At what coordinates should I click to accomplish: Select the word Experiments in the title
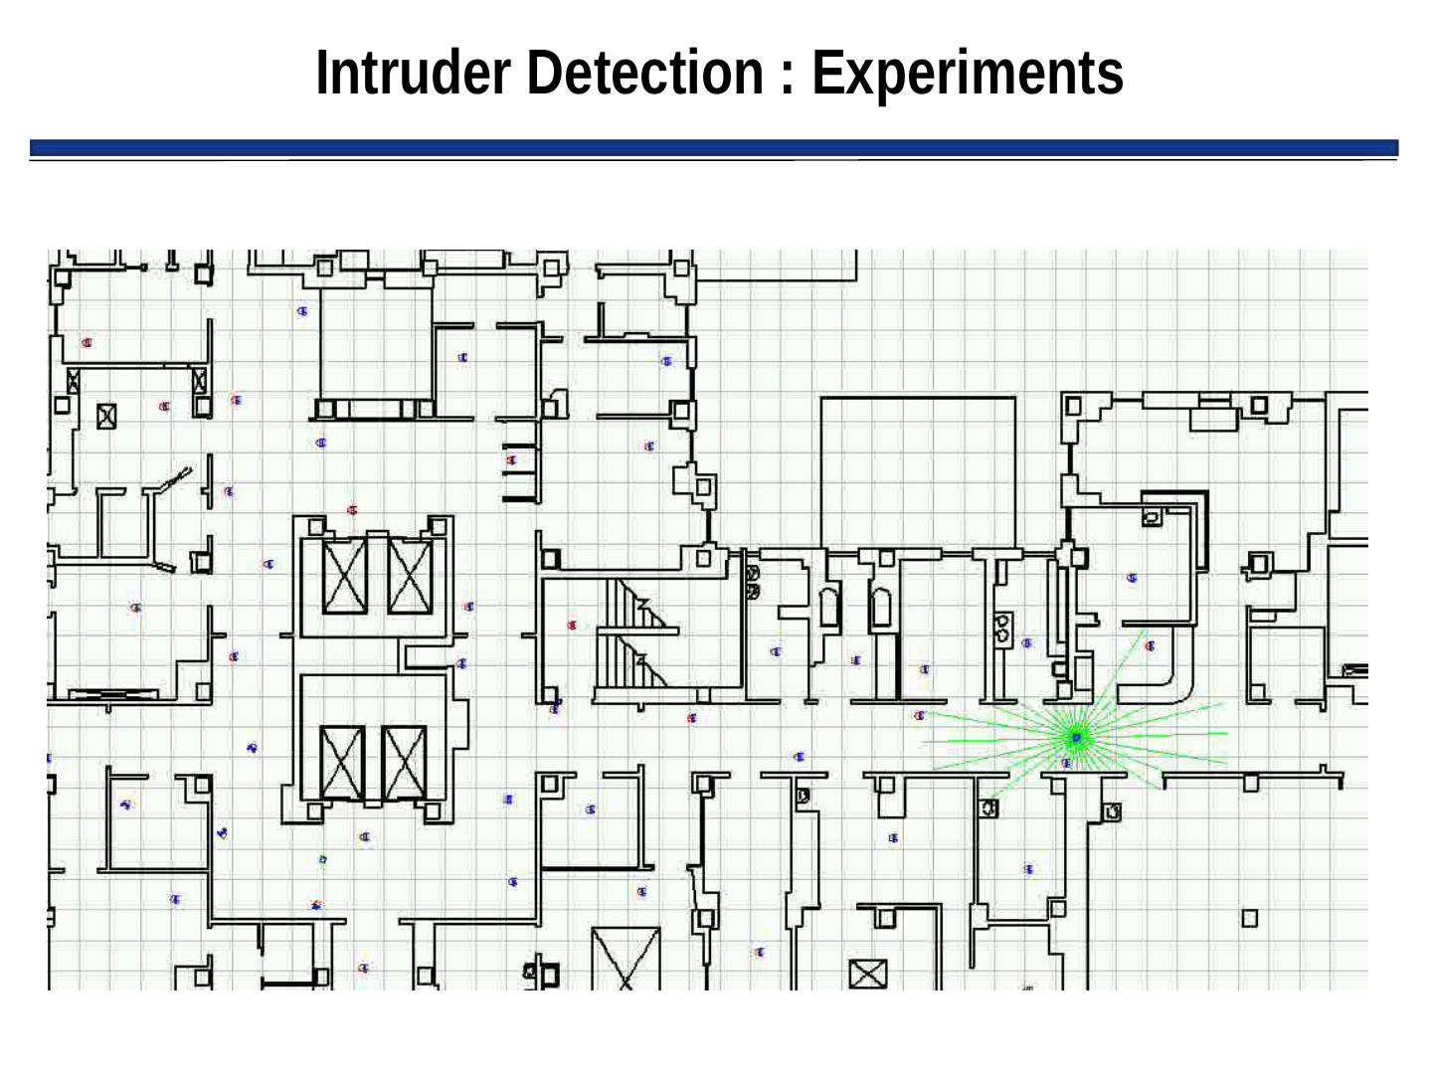(x=967, y=73)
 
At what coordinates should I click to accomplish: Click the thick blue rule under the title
(x=713, y=147)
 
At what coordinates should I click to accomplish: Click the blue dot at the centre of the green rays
(x=1075, y=737)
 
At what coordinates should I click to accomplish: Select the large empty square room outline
(x=918, y=472)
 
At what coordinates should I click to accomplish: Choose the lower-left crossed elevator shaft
(x=342, y=763)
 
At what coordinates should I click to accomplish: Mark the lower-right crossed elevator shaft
(x=404, y=763)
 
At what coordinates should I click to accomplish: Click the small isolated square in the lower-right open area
(x=1250, y=918)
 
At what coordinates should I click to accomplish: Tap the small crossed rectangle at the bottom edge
(x=867, y=974)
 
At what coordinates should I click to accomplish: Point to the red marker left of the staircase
(x=572, y=626)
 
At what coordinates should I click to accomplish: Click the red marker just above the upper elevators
(x=352, y=510)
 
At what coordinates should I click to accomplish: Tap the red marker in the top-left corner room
(x=88, y=343)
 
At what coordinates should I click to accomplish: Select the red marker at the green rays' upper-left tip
(x=920, y=714)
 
